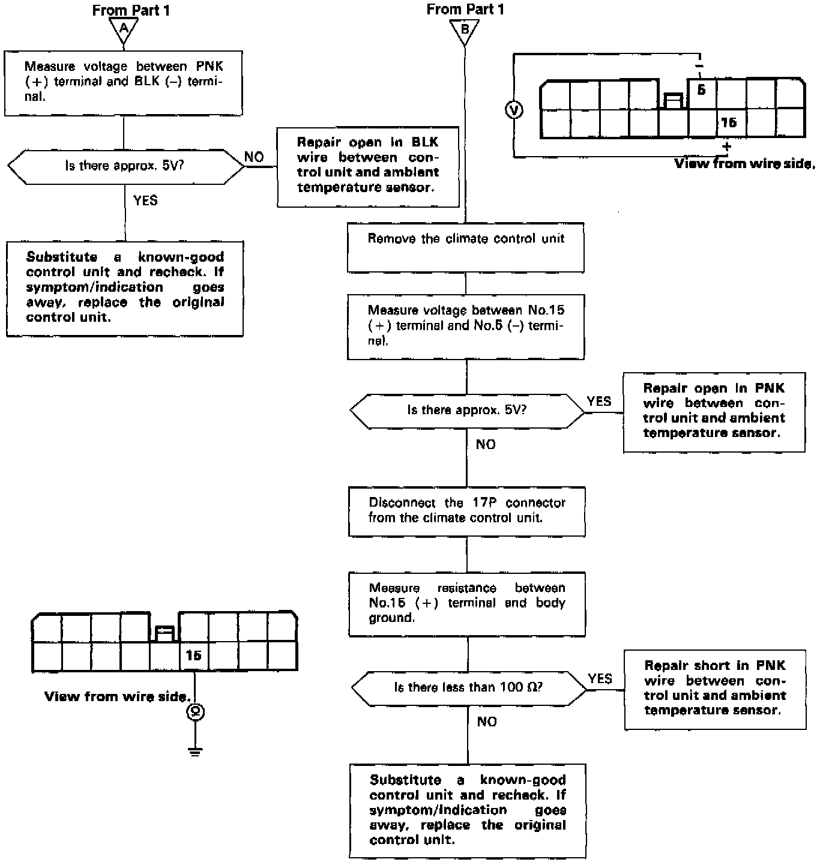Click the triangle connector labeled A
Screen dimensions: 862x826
pyautogui.click(x=124, y=30)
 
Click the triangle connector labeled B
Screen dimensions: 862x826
pyautogui.click(x=465, y=31)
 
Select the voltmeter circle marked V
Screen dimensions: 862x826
pyautogui.click(x=514, y=110)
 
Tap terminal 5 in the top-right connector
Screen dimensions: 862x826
pyautogui.click(x=701, y=91)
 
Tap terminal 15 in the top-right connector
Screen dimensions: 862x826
pyautogui.click(x=729, y=123)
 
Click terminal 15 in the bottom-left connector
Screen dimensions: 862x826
pyautogui.click(x=193, y=656)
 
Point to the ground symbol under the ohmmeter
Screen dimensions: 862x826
pyautogui.click(x=195, y=751)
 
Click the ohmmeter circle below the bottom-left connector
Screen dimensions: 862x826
pyautogui.click(x=195, y=712)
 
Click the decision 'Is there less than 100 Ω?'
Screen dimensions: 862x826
pyautogui.click(x=468, y=688)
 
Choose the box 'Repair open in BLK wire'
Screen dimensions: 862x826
pyautogui.click(x=368, y=166)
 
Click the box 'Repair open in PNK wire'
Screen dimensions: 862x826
pyautogui.click(x=714, y=412)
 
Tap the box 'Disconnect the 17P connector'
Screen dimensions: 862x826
pyautogui.click(x=466, y=511)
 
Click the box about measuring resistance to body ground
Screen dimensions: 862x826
pyautogui.click(x=466, y=603)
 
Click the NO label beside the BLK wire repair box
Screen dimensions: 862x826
pyautogui.click(x=254, y=157)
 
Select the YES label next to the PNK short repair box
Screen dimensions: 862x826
pyautogui.click(x=600, y=679)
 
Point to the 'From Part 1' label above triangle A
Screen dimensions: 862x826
pyautogui.click(x=131, y=10)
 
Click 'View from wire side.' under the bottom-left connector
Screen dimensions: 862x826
pyautogui.click(x=118, y=697)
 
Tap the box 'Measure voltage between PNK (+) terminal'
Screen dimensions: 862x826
pyautogui.click(x=124, y=83)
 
